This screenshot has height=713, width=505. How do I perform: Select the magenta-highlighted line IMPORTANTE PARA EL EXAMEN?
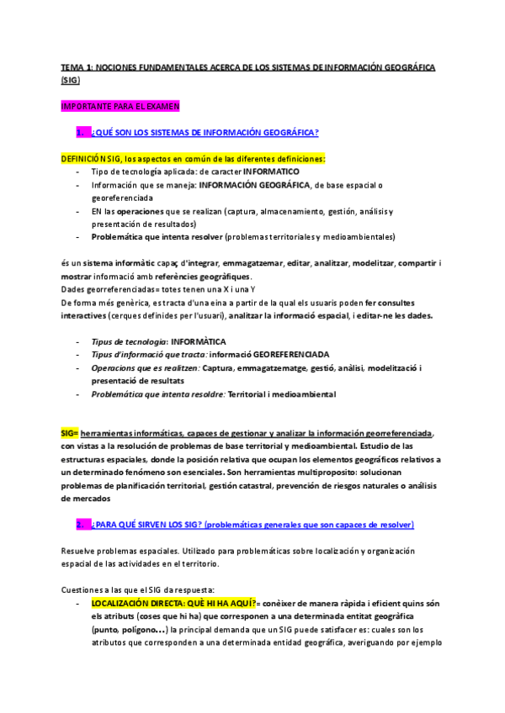point(120,106)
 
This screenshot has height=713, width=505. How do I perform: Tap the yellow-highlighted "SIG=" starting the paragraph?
point(70,432)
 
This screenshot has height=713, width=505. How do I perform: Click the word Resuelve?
point(80,551)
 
